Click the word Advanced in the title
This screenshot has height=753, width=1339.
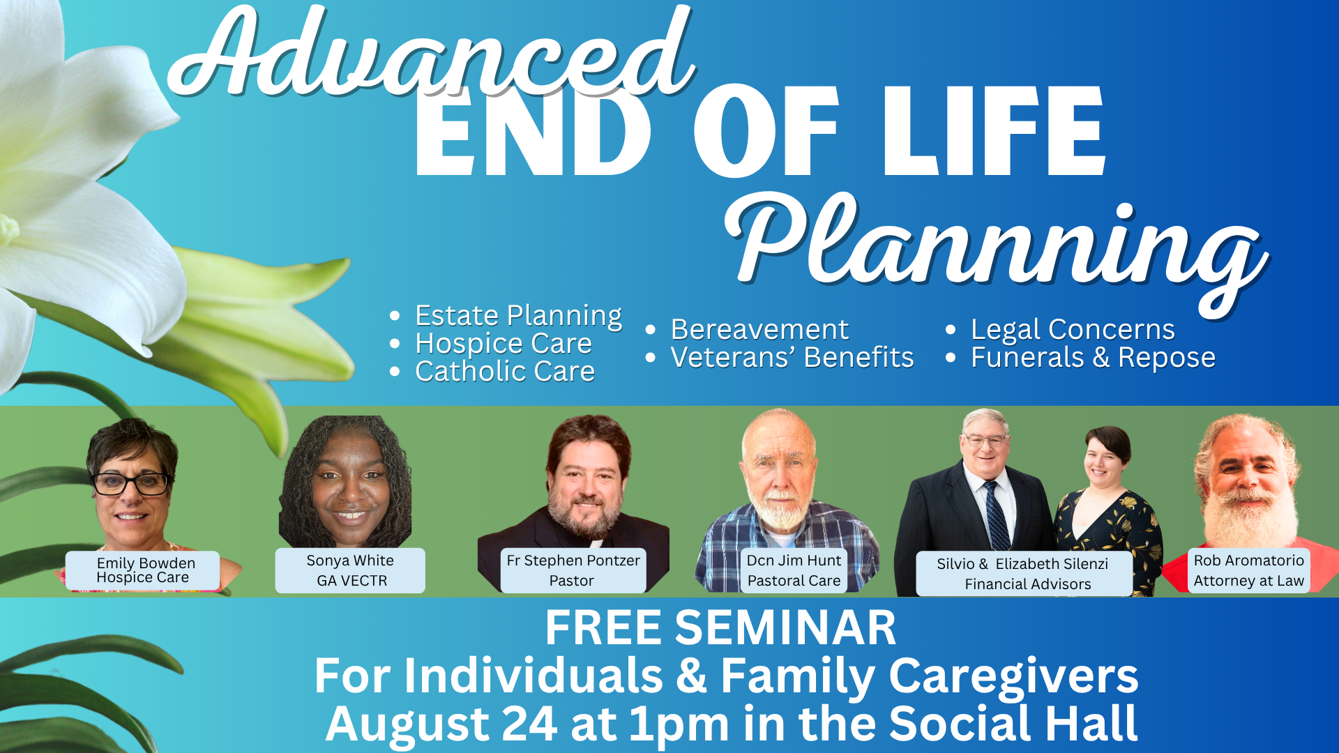pos(432,52)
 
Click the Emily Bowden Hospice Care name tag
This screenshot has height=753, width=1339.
pos(143,570)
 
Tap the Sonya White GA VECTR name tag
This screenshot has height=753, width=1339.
pos(350,570)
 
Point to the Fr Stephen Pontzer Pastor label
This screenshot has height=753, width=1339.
pos(573,570)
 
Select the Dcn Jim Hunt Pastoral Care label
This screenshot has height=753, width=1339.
pos(794,570)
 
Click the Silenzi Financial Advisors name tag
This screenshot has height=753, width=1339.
pos(1023,574)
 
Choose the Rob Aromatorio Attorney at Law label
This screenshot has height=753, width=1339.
pos(1248,570)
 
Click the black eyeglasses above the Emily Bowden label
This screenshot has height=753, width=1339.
pos(131,482)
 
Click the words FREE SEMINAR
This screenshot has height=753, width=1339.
pos(720,628)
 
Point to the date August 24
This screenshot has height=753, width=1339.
pos(441,723)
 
